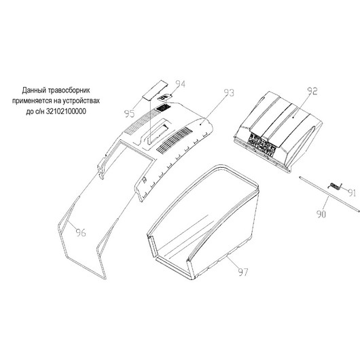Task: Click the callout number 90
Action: click(321, 214)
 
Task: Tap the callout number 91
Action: click(352, 193)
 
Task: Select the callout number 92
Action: click(312, 91)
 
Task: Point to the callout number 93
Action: click(229, 92)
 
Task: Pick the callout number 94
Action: click(180, 84)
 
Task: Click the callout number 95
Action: click(129, 113)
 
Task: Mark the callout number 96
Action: click(81, 232)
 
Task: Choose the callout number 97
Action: click(243, 272)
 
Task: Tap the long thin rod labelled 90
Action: click(329, 194)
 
